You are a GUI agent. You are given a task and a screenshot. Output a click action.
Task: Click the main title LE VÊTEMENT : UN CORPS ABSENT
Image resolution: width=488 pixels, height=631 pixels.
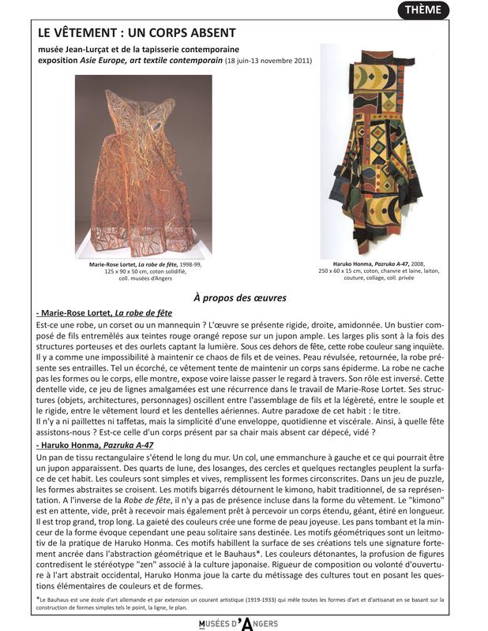(x=137, y=32)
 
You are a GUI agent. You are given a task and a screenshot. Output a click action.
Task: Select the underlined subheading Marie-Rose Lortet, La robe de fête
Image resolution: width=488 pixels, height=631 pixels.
(x=104, y=313)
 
